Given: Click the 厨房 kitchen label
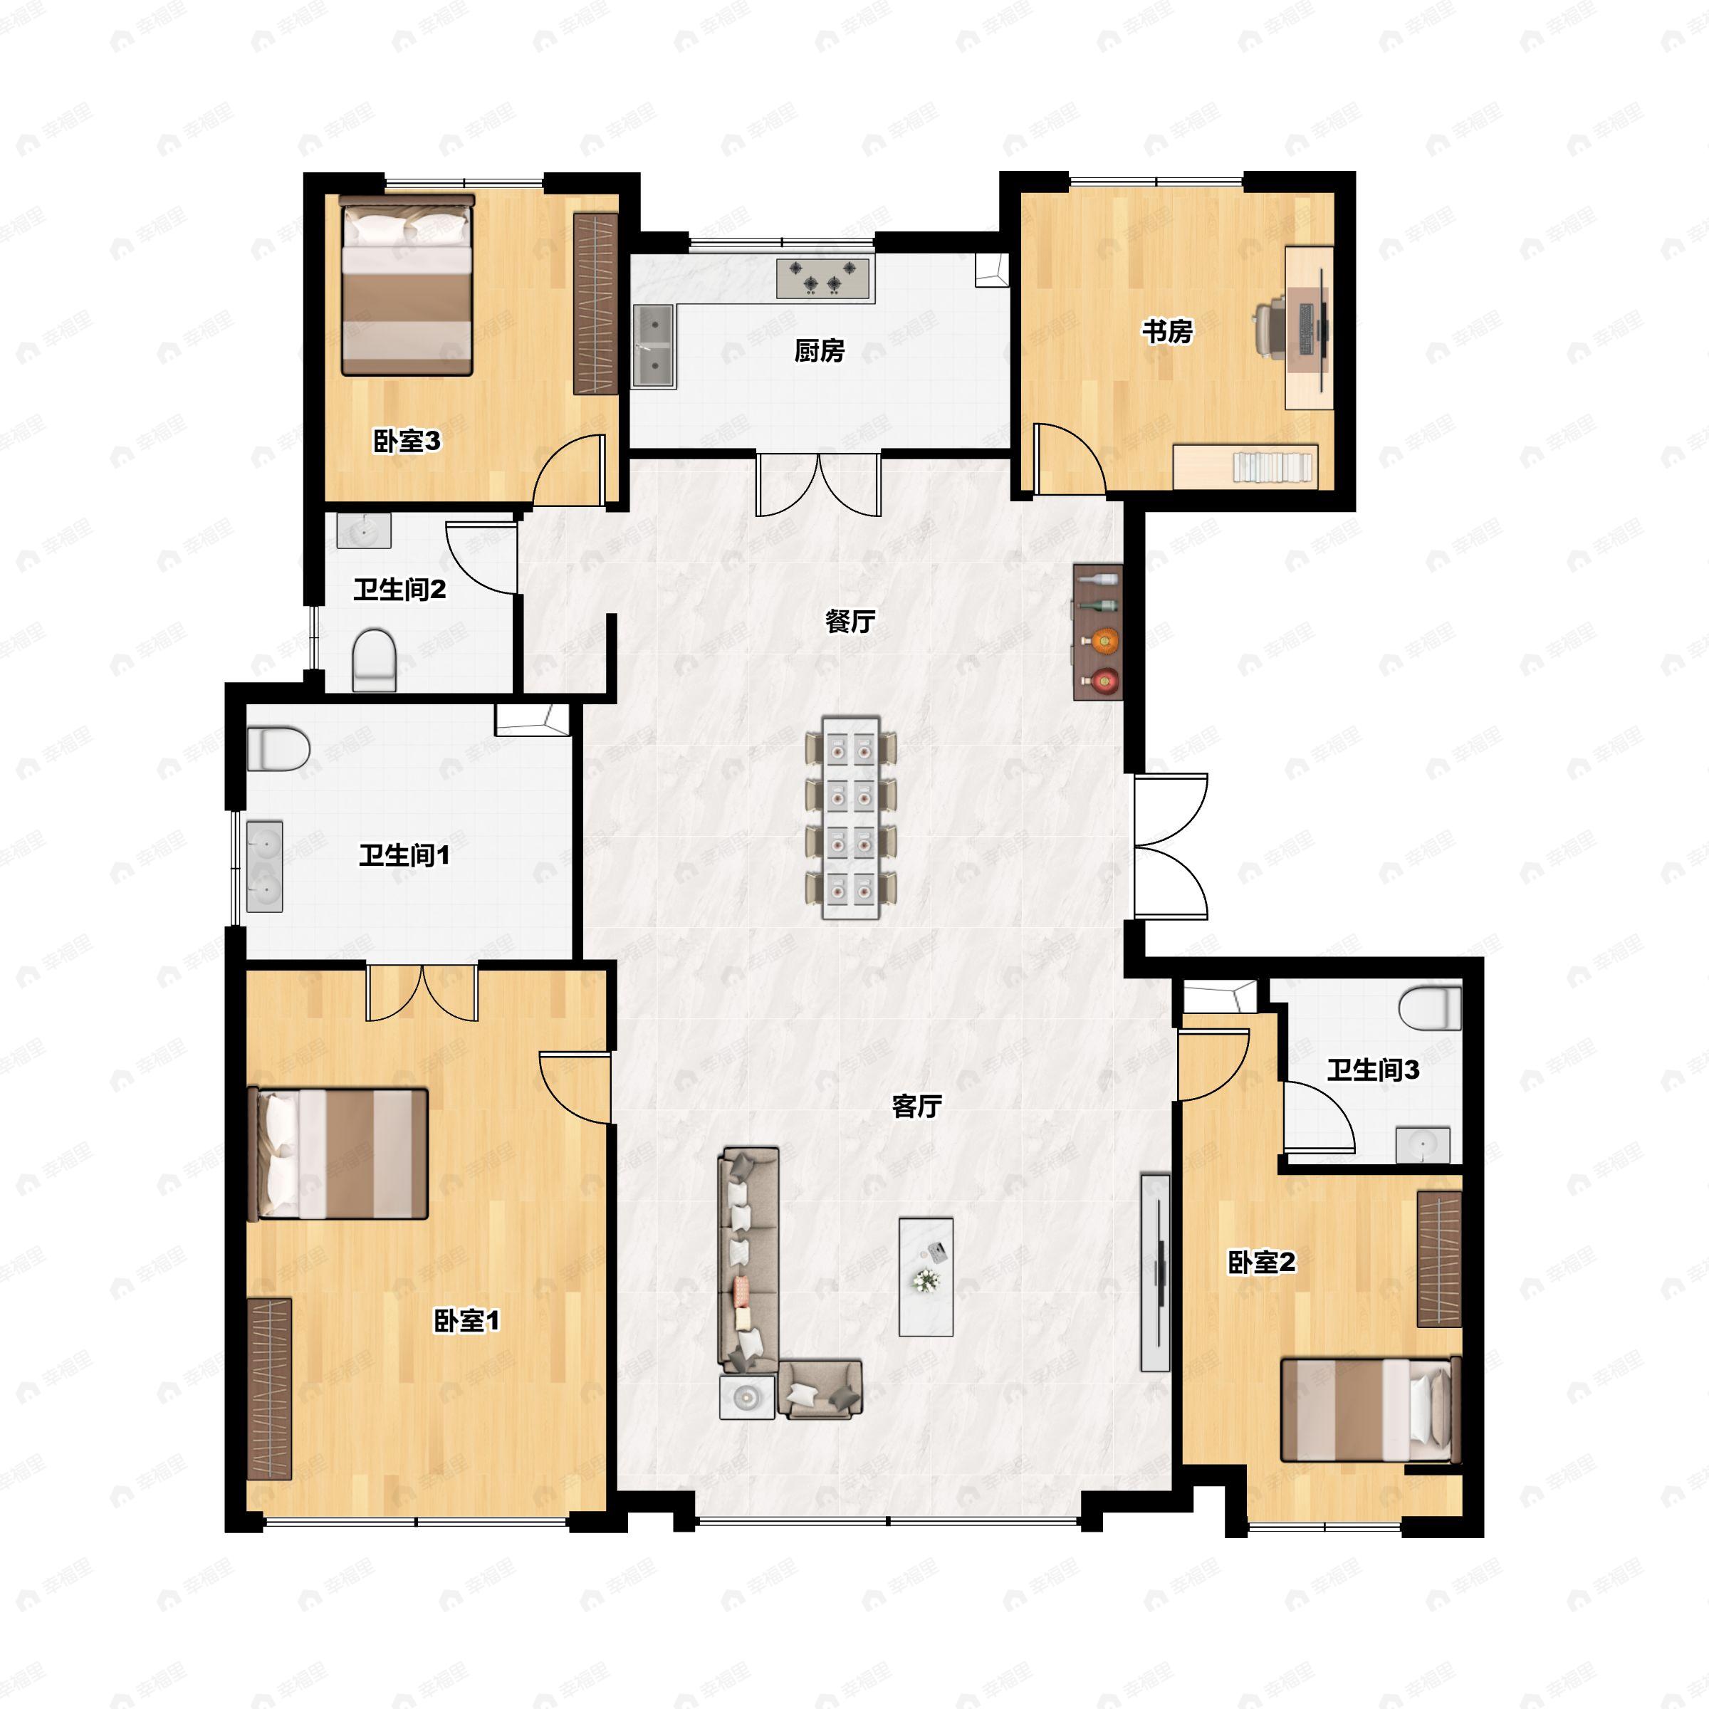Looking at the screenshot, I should click(818, 351).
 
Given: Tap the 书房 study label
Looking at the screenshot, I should click(1167, 332).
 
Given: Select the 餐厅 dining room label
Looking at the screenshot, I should click(850, 621).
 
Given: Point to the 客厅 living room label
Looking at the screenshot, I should click(916, 1106).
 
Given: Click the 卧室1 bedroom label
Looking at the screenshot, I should click(466, 1321).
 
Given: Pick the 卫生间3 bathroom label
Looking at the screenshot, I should click(1372, 1070).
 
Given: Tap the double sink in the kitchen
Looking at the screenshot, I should click(654, 347).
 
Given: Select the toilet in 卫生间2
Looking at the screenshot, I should click(373, 659).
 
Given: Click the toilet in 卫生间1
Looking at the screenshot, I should click(278, 748).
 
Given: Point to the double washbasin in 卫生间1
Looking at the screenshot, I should click(263, 866).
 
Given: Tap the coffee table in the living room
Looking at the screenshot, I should click(925, 1277).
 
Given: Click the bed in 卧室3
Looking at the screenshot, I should click(407, 286).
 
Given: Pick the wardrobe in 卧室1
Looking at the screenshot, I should click(269, 1388).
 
